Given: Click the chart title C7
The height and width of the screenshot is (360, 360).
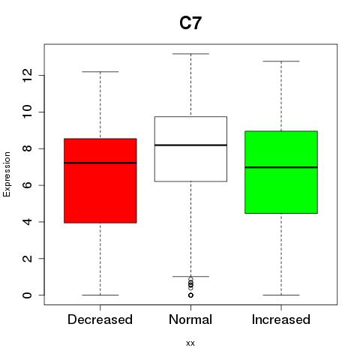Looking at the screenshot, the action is pos(190,23).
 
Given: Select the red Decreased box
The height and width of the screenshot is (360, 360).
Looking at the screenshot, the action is pos(100,181).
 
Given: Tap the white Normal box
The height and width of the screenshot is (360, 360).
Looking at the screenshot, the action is pos(190,149).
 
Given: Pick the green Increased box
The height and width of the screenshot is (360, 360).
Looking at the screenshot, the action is pos(281,172).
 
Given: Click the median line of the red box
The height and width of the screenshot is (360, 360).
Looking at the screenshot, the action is pos(100,163).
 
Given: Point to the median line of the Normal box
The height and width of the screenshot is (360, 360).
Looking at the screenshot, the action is pos(190,145).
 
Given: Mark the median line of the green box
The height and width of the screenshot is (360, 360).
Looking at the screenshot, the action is pos(281,167).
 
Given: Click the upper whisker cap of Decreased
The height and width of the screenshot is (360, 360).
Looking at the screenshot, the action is pos(100,72).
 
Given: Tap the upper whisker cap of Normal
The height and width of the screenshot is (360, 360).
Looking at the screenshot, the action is pos(190,54).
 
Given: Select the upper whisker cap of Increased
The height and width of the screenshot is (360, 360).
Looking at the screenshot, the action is pos(281,61).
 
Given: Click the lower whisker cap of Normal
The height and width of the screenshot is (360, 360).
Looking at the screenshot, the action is pos(190,277).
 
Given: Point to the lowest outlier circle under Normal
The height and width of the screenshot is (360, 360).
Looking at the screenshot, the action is pos(190,295).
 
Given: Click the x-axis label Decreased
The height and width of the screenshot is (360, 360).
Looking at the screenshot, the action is pos(100,319).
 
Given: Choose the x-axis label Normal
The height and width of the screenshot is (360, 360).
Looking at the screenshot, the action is pos(190,319).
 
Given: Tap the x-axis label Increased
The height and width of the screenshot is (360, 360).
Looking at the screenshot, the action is pos(281,319).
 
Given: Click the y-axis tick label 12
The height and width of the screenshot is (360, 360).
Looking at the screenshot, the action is pos(27,75).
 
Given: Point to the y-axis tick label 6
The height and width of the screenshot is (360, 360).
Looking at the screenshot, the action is pos(27,185).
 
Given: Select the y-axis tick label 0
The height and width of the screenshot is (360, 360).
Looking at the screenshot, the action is pos(27,295).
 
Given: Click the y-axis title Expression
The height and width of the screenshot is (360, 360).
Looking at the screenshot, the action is pos(7,174).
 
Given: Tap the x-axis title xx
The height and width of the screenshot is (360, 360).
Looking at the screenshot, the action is pos(190,343).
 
